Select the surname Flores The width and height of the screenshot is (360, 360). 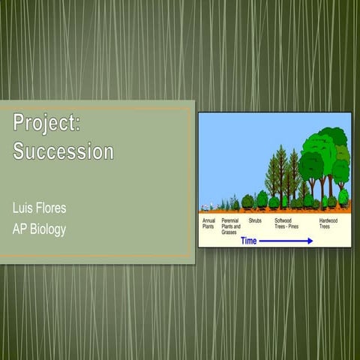click(x=56, y=205)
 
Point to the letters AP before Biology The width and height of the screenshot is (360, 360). click(x=19, y=229)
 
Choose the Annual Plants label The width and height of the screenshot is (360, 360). click(x=209, y=223)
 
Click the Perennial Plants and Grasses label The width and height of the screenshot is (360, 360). click(x=231, y=226)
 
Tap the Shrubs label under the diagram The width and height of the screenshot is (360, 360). click(x=255, y=220)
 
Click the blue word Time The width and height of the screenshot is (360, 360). click(x=249, y=241)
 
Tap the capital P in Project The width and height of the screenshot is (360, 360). click(x=19, y=122)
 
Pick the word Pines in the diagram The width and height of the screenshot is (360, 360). click(x=296, y=226)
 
